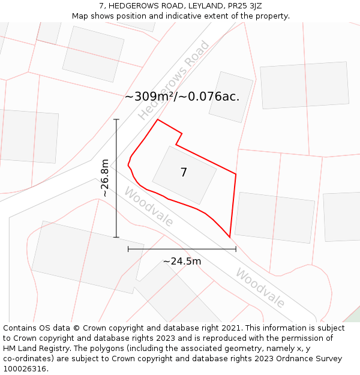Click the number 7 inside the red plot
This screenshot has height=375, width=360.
click(184, 173)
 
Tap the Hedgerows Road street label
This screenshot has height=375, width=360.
click(174, 80)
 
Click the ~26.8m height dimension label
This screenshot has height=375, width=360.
click(105, 178)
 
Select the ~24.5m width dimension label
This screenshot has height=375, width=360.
click(182, 261)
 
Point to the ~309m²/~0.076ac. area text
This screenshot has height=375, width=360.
click(182, 97)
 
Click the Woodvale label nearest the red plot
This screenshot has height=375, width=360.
click(149, 207)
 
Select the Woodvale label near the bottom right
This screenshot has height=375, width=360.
click(260, 287)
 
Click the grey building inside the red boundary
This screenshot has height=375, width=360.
click(198, 180)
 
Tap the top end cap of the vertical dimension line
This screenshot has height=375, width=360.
click(116, 119)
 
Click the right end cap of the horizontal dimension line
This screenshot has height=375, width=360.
click(236, 248)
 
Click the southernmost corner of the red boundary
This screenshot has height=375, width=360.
click(230, 237)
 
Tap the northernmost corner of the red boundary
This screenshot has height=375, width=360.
click(158, 119)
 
